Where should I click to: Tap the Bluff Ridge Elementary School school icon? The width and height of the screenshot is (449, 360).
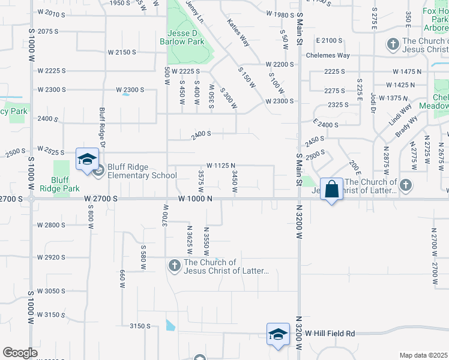[87, 160]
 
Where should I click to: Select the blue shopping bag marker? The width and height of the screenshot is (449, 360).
[331, 190]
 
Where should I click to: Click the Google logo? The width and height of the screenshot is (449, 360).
[20, 353]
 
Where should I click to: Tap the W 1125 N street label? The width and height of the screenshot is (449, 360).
[220, 165]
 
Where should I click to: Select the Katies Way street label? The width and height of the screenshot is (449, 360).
[238, 32]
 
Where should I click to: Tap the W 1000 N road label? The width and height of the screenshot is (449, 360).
[195, 199]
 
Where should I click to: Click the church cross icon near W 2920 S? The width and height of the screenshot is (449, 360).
[175, 265]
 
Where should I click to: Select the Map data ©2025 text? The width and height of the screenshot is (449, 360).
[424, 355]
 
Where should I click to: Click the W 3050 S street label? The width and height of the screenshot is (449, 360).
[60, 290]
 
